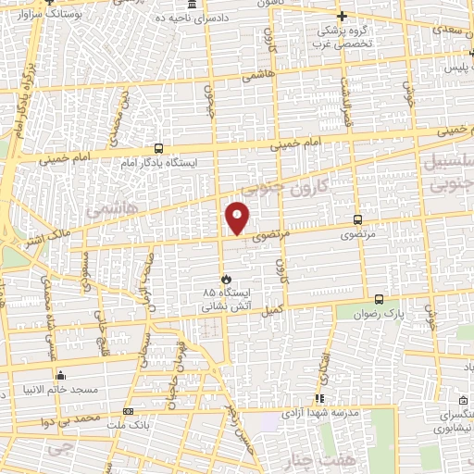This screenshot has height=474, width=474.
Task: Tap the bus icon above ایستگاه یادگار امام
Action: (158, 148)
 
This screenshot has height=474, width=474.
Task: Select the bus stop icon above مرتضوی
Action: (358, 219)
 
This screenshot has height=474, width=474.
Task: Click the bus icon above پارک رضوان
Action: (379, 299)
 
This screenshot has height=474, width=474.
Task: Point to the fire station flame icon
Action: (225, 278)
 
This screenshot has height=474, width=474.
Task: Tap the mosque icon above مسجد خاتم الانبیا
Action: (61, 375)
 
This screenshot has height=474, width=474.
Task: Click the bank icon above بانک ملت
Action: (129, 410)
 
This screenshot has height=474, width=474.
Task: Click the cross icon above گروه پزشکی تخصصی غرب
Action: (342, 16)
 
